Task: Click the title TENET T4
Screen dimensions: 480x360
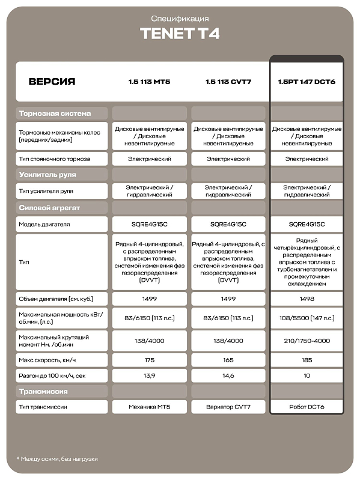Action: click(x=180, y=34)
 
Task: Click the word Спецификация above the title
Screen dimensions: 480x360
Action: click(x=180, y=19)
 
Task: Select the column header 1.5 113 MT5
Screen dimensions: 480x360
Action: click(x=149, y=81)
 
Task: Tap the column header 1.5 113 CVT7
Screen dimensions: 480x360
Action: click(x=228, y=81)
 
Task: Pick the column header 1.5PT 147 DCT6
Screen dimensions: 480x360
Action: click(x=307, y=81)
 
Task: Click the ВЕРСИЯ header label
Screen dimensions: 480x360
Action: click(x=52, y=81)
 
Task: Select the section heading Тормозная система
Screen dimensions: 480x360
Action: click(x=55, y=113)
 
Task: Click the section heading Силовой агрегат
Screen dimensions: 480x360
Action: click(x=49, y=208)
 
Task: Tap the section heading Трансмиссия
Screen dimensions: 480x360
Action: click(x=43, y=392)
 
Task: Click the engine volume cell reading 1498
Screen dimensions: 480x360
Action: click(x=307, y=299)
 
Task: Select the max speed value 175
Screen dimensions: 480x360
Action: click(x=149, y=360)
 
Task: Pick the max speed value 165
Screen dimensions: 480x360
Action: click(x=228, y=360)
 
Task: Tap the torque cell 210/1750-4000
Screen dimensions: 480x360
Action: click(x=307, y=341)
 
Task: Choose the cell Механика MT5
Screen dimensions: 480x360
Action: click(x=149, y=407)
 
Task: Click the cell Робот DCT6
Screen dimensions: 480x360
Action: click(x=307, y=407)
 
